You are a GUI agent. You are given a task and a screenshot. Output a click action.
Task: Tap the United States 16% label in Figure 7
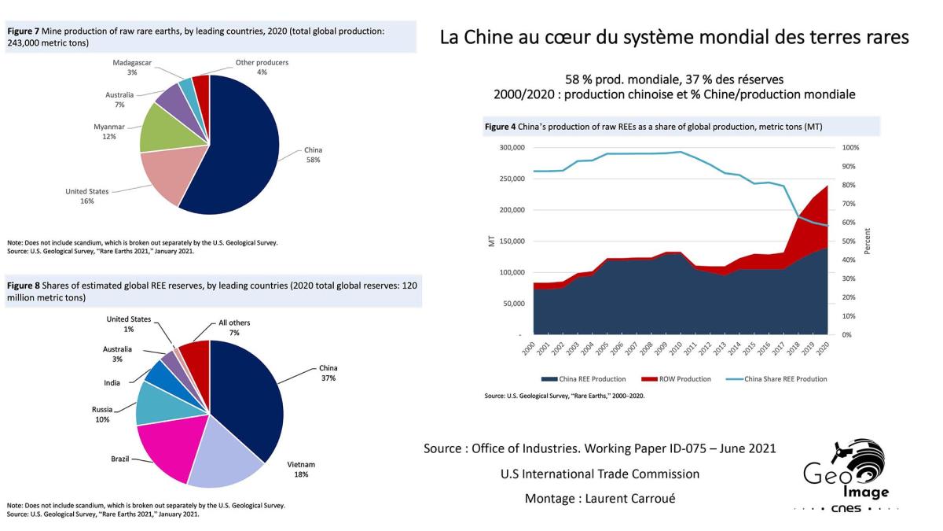click(x=86, y=196)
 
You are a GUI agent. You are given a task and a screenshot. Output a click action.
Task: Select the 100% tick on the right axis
click(x=851, y=148)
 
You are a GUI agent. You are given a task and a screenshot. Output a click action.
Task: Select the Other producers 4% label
click(x=262, y=66)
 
